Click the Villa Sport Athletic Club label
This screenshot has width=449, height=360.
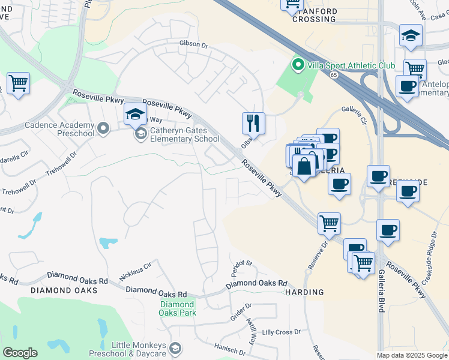pyautogui.click(x=351, y=65)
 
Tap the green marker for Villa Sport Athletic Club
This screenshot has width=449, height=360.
pyautogui.click(x=297, y=65)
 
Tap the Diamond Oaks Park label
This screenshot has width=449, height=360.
pyautogui.click(x=178, y=308)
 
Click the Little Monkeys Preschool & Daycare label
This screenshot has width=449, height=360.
pyautogui.click(x=140, y=349)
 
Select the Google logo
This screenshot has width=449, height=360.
pyautogui.click(x=20, y=353)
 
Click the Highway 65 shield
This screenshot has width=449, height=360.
pyautogui.click(x=333, y=74)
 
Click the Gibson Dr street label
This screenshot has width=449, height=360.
pyautogui.click(x=193, y=44)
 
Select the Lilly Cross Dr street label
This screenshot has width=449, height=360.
pyautogui.click(x=282, y=332)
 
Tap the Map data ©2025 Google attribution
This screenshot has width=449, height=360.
pyautogui.click(x=412, y=355)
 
